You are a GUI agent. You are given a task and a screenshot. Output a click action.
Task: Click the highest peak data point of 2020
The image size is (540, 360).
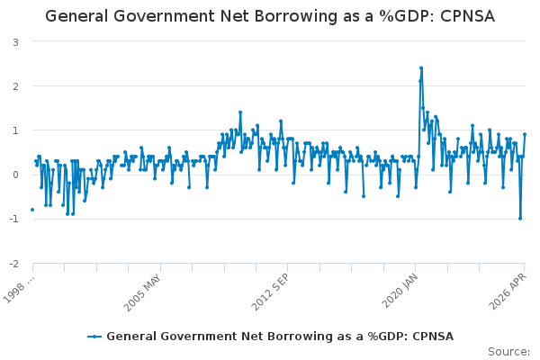point(421,68)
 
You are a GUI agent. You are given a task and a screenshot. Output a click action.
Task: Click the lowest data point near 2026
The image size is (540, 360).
point(520,219)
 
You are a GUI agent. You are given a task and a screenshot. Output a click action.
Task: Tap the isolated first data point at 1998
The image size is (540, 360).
point(32,210)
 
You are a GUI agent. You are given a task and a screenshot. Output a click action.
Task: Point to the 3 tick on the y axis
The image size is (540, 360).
point(15,42)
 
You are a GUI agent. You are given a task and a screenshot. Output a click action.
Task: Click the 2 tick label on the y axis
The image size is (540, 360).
point(15,86)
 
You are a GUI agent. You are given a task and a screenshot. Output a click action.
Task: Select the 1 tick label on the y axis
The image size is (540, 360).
point(15,130)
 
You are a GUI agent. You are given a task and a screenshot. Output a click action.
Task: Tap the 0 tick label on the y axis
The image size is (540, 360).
point(15,175)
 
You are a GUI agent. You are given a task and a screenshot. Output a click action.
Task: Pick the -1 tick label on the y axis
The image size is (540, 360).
point(13,219)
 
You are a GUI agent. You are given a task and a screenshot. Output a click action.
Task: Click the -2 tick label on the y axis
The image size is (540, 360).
point(13,264)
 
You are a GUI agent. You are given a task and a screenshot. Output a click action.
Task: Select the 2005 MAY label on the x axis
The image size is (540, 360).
point(142,292)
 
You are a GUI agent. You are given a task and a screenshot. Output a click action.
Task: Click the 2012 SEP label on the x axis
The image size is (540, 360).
point(270,292)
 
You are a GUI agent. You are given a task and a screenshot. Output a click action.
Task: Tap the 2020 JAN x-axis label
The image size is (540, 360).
point(400,291)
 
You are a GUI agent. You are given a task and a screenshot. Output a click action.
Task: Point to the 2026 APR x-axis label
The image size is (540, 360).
point(508,291)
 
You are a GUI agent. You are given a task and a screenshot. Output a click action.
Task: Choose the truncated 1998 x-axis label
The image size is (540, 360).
point(19,289)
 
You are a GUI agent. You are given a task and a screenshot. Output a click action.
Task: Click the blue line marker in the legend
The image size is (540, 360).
point(94,337)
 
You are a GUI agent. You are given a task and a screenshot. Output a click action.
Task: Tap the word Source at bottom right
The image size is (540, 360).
point(508,352)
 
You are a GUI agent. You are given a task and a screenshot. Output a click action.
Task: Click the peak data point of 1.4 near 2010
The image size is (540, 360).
point(240,112)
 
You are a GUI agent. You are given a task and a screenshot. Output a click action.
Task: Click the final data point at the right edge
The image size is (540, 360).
point(525,134)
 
